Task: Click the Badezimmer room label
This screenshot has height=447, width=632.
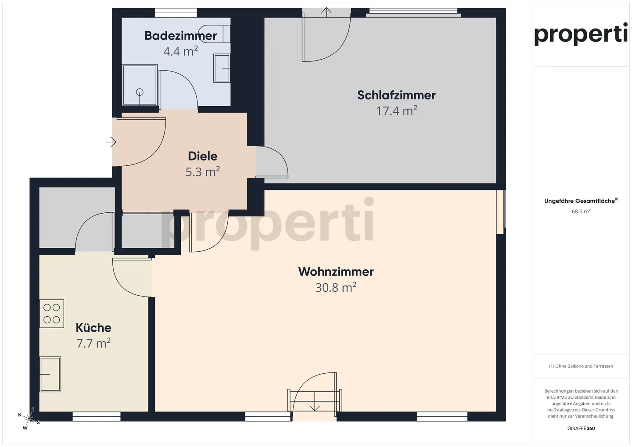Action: click(180, 36)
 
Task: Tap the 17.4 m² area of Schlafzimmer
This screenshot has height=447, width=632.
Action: click(396, 111)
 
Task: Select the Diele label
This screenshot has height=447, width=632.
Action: click(203, 156)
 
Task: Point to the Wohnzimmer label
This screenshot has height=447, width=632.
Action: click(336, 272)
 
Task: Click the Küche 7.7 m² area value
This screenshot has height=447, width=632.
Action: click(93, 343)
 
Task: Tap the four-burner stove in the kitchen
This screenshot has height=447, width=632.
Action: click(52, 314)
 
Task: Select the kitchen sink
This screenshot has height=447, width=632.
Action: click(50, 374)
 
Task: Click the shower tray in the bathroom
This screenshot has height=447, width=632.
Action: click(140, 85)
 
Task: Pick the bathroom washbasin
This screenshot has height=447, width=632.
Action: click(222, 68)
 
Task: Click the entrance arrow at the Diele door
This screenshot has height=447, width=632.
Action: click(111, 142)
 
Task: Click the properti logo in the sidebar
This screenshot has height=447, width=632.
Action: click(581, 34)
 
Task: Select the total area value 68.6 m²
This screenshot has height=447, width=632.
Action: click(581, 211)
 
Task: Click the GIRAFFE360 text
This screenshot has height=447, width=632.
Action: click(581, 429)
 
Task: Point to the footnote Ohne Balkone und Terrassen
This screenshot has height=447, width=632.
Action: click(581, 366)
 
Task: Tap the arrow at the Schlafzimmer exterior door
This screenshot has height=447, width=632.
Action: click(326, 11)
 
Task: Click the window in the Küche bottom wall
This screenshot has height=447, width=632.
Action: click(97, 417)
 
